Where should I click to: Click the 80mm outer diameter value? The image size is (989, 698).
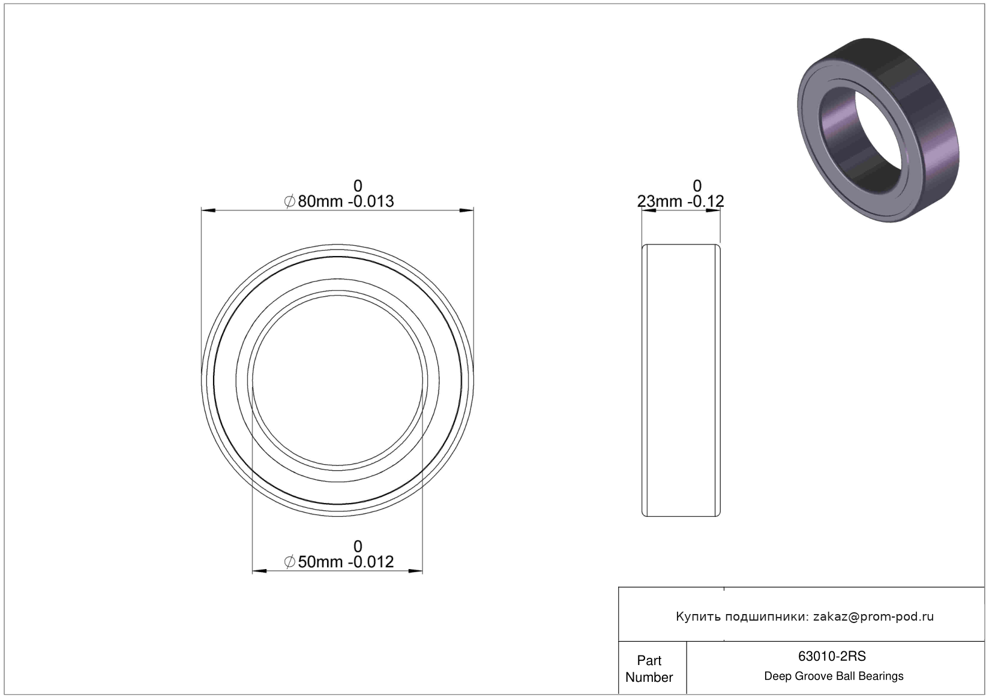click(x=320, y=201)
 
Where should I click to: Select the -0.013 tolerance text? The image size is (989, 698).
click(x=371, y=201)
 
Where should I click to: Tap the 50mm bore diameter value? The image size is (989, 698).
click(x=320, y=562)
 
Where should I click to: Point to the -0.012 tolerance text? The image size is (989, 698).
click(x=371, y=562)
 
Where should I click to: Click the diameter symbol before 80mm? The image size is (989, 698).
click(x=289, y=201)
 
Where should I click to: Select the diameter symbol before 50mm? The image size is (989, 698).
click(x=289, y=562)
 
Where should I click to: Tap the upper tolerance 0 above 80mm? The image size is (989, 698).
click(x=358, y=186)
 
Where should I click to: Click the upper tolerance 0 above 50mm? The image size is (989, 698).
click(x=358, y=547)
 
